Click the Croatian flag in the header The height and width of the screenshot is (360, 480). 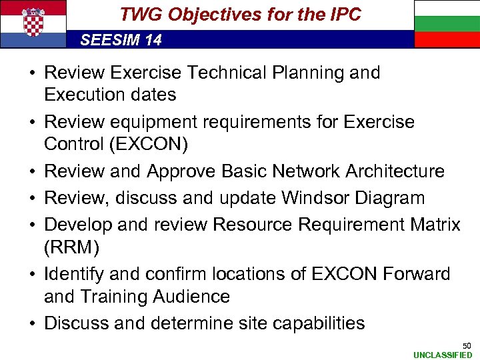[x=33, y=24]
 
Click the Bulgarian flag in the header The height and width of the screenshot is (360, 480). [x=447, y=24]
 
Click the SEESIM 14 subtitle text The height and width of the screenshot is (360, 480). [x=121, y=40]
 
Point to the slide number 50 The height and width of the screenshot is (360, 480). [x=467, y=345]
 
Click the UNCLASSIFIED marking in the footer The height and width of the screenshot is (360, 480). [x=443, y=355]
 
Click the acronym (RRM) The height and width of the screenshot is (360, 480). [x=71, y=247]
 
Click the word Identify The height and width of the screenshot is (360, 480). [x=73, y=274]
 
